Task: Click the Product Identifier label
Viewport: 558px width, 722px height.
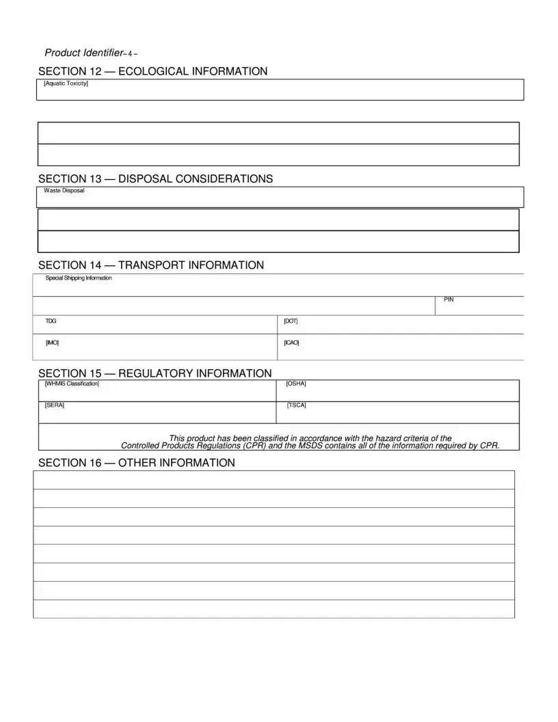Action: tap(83, 53)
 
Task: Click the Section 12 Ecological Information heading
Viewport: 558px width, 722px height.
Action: tap(152, 71)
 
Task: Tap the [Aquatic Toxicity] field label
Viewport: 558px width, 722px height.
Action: tap(66, 83)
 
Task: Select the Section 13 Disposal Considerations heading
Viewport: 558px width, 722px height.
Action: tap(155, 178)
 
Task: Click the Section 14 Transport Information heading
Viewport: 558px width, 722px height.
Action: tap(150, 265)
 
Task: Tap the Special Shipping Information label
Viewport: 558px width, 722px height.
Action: tap(79, 278)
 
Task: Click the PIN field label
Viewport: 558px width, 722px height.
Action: tap(449, 299)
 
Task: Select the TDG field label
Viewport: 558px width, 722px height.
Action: tap(51, 321)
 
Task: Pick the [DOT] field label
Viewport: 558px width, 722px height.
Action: tap(291, 321)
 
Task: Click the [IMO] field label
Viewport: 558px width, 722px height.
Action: tap(52, 342)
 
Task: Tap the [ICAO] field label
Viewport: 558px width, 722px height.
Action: tap(291, 342)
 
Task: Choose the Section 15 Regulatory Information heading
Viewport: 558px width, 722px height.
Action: tap(155, 373)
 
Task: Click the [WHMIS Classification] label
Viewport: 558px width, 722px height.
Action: tap(72, 384)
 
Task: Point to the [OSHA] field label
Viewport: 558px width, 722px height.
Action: tap(296, 384)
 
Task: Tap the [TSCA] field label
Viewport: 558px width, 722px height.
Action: tap(297, 405)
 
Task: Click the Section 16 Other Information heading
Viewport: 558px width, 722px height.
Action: tap(136, 463)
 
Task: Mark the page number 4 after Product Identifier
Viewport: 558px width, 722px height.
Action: tap(131, 53)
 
